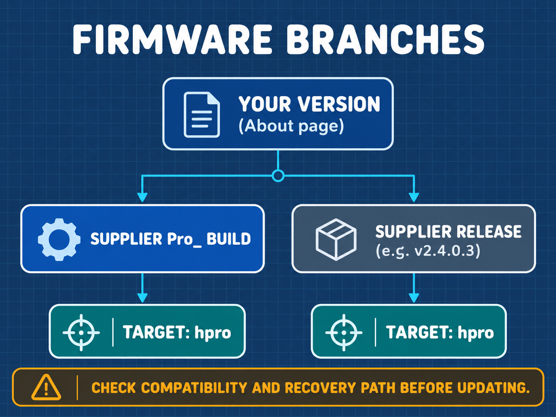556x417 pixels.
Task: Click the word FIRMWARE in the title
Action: click(x=172, y=40)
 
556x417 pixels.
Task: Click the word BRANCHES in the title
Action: click(x=385, y=40)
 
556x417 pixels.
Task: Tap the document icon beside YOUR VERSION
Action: click(x=202, y=115)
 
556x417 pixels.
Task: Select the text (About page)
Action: click(x=291, y=126)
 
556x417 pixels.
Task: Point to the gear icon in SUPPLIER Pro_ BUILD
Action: click(x=59, y=239)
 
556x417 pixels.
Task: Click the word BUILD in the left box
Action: click(x=228, y=239)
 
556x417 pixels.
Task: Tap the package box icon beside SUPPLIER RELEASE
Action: click(x=336, y=239)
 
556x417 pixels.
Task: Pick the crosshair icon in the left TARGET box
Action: click(x=81, y=333)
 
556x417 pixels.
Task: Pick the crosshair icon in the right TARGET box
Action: click(x=344, y=333)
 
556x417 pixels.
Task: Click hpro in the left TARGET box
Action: click(x=213, y=333)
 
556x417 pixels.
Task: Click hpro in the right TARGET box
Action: click(x=476, y=333)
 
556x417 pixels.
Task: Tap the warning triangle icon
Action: click(x=46, y=387)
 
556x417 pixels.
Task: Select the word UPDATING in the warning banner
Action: click(x=493, y=388)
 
